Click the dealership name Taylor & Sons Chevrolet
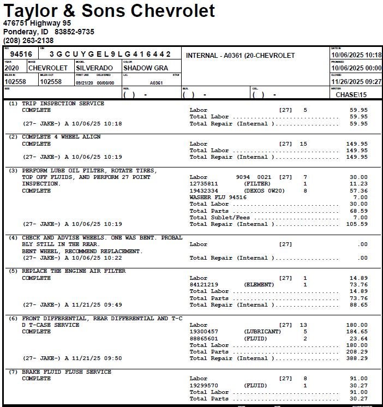(x=109, y=10)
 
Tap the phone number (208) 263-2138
(x=28, y=40)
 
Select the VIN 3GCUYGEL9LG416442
(x=110, y=55)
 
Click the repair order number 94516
(x=21, y=55)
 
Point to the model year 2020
(x=11, y=68)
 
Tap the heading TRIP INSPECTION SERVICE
(x=63, y=103)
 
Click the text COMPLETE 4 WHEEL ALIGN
(x=61, y=137)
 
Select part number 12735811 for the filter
(x=204, y=184)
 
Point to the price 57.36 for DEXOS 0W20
(x=358, y=191)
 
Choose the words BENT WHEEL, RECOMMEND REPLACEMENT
(x=82, y=251)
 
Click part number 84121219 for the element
(x=204, y=285)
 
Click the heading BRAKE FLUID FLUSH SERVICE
(x=67, y=372)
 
